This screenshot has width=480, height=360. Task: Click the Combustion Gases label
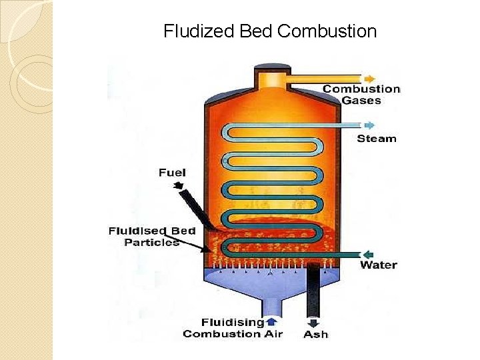click(x=361, y=95)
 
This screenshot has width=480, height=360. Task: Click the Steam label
click(x=376, y=139)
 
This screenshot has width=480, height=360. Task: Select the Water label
click(x=378, y=265)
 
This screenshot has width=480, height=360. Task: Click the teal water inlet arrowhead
click(x=367, y=254)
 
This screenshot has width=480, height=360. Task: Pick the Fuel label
click(x=172, y=173)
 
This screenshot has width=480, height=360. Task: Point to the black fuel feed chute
click(x=197, y=207)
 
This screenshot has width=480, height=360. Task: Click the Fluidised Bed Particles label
click(x=152, y=237)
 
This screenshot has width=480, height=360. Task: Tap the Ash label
click(x=315, y=334)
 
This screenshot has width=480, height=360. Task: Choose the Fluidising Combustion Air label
click(x=233, y=328)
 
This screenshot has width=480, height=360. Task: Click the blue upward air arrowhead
click(x=271, y=321)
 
